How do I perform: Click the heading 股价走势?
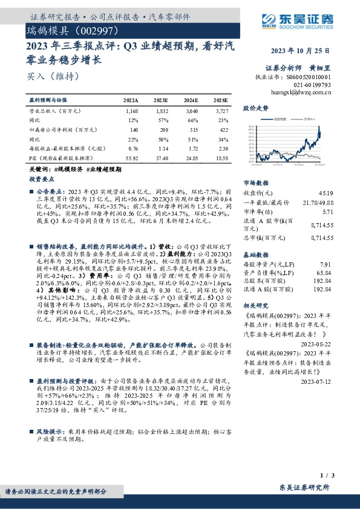click(x=255, y=108)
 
